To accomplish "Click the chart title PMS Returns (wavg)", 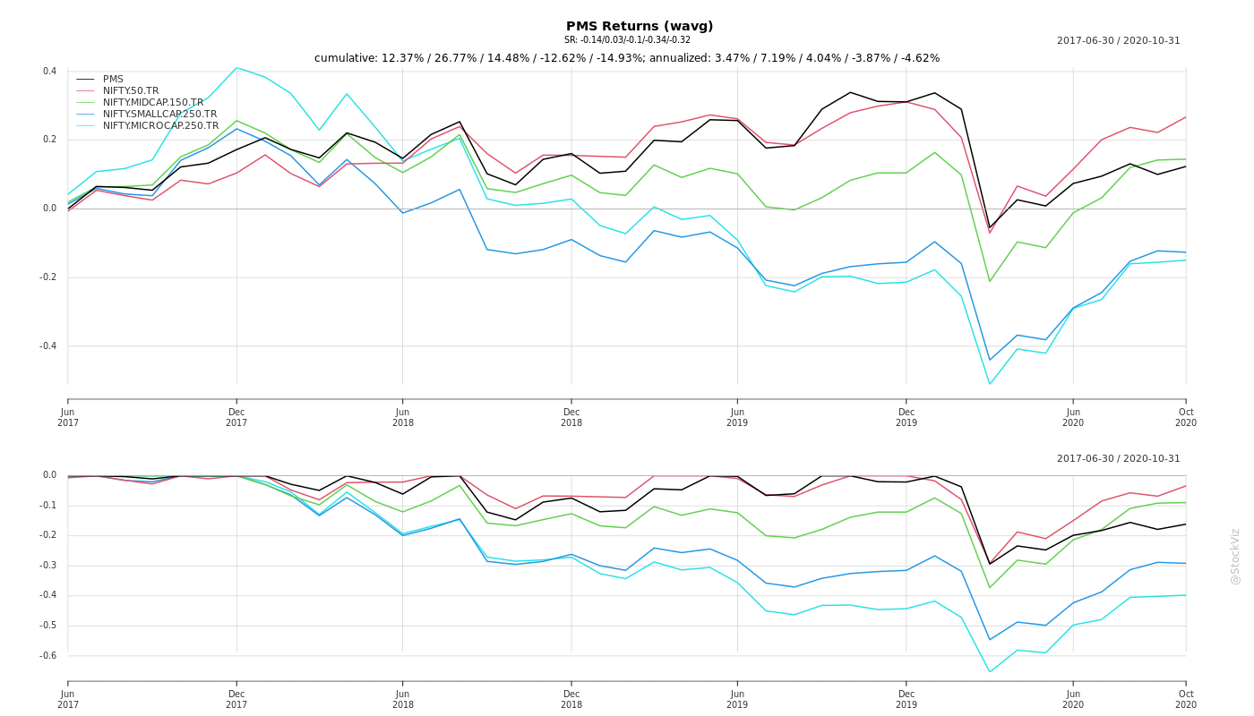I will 640,27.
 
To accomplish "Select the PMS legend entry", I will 113,80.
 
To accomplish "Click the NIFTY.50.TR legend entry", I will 131,91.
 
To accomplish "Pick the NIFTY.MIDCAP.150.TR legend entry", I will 153,103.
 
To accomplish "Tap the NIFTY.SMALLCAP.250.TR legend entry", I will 159,115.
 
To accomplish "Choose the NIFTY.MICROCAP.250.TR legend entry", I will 160,126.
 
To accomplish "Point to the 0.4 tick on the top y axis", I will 50,72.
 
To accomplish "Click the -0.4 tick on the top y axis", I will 48,346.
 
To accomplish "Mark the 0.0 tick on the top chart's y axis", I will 50,209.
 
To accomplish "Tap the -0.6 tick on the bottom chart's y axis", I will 48,656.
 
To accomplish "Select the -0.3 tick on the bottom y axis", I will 48,566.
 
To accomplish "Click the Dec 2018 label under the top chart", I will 571,417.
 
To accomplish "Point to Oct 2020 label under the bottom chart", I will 1186,699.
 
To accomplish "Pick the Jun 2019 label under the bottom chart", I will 737,699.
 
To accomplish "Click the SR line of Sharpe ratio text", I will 627,40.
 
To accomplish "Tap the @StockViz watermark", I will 1235,556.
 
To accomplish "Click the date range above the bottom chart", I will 1118,459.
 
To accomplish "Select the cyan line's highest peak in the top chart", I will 236,68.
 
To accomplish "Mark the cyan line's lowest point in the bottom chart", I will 990,672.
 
